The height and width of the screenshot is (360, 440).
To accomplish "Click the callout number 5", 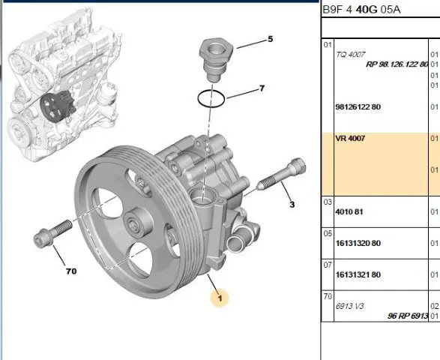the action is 271,39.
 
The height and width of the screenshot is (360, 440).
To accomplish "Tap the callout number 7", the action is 262,88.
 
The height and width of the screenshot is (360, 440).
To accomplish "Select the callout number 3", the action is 292,205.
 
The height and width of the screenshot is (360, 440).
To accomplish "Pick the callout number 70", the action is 71,271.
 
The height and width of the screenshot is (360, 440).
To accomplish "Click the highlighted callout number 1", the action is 220,298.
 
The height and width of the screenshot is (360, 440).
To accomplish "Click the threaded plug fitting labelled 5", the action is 216,60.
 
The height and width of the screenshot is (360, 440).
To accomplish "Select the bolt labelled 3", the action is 281,174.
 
